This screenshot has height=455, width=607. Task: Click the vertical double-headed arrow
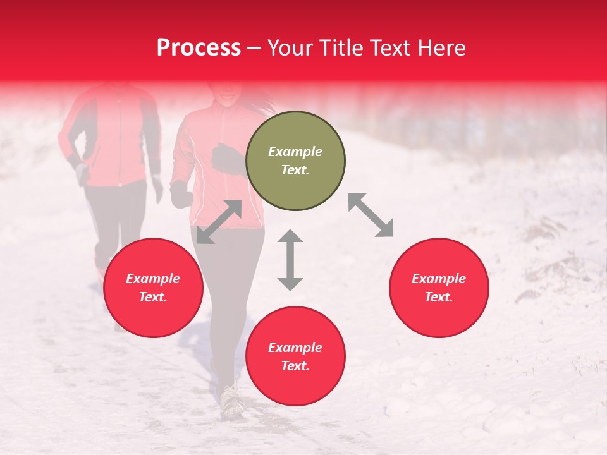[x=290, y=260]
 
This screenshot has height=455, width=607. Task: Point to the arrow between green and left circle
[x=219, y=222]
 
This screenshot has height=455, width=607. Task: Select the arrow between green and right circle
[x=371, y=215]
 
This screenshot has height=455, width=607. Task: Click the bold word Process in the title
[x=199, y=48]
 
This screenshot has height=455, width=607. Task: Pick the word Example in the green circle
[x=295, y=152]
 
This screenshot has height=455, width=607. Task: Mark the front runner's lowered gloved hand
[x=181, y=194]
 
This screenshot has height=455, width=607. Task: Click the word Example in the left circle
[x=153, y=279]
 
